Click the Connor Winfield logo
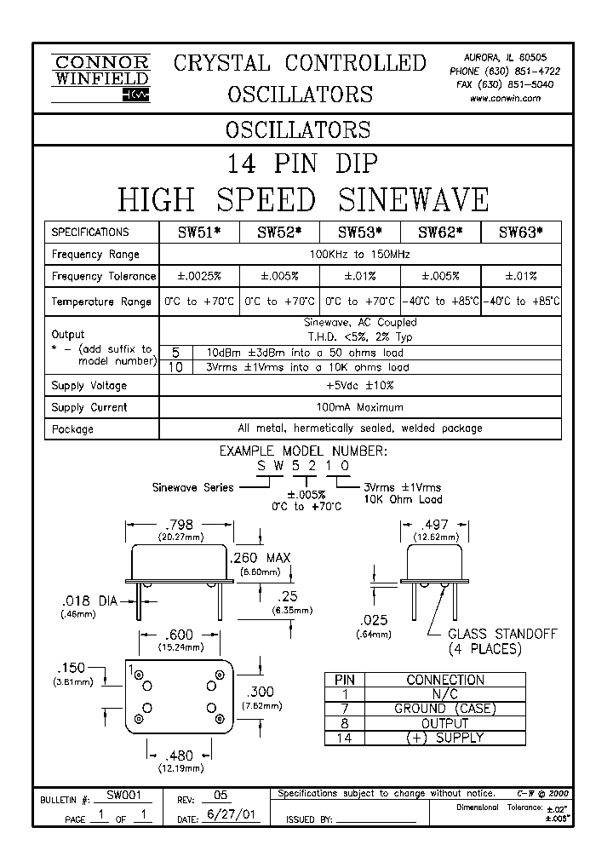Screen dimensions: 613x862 click(x=100, y=78)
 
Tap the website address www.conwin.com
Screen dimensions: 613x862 click(x=505, y=98)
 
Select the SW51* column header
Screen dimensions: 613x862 click(x=200, y=232)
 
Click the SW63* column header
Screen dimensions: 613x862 click(x=520, y=232)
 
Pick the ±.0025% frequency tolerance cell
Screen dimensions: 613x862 click(x=200, y=276)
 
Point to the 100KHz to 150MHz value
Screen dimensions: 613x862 click(x=360, y=254)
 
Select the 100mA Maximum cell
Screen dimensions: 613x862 click(x=360, y=407)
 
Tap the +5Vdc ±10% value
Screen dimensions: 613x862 click(x=360, y=386)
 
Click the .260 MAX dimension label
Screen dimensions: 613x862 click(x=261, y=558)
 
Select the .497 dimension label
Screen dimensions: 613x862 click(x=435, y=526)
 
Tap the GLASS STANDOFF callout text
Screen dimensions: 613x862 click(x=502, y=635)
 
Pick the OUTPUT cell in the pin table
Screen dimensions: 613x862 click(x=444, y=723)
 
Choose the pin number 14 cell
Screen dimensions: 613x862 click(x=343, y=738)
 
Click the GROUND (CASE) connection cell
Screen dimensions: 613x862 click(x=444, y=709)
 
